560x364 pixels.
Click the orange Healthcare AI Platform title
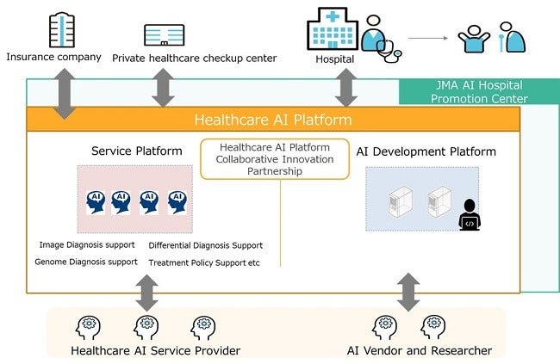[x=273, y=120]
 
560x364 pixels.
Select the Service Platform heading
[x=136, y=151]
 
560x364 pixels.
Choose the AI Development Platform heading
[x=426, y=151]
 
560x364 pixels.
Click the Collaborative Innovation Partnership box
[x=274, y=158]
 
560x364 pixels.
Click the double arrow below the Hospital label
[x=347, y=87]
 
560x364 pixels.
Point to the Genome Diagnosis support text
[x=85, y=262]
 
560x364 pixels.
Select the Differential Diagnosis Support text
[x=205, y=245]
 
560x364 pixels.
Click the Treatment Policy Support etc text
[x=203, y=262]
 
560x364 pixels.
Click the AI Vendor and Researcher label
[x=419, y=350]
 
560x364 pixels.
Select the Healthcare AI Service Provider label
[x=155, y=350]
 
